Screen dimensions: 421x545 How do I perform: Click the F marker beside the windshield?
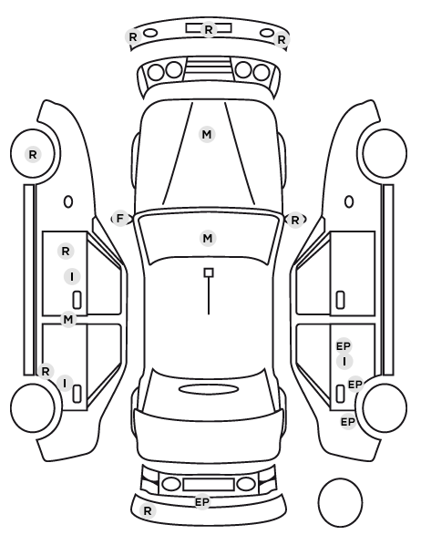tap(120, 219)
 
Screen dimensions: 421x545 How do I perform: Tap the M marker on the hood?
tap(207, 134)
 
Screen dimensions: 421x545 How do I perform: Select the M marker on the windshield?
tap(208, 239)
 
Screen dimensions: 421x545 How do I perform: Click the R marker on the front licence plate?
tap(209, 29)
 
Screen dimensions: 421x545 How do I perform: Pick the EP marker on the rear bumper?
tap(202, 502)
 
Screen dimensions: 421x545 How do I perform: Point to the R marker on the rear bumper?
tap(148, 511)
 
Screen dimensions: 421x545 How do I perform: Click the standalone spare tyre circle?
tap(340, 502)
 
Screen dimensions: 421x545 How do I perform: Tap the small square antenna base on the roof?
tap(209, 272)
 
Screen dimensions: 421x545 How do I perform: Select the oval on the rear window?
tap(209, 389)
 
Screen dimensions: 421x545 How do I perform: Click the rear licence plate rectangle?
tap(209, 485)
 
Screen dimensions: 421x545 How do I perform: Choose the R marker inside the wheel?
tap(33, 154)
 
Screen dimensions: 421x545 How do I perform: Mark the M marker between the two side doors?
tap(68, 319)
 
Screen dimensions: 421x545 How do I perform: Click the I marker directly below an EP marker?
tap(344, 362)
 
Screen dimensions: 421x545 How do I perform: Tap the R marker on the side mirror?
tap(295, 220)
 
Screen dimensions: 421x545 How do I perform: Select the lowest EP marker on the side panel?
tap(348, 422)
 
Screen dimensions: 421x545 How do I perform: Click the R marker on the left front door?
tap(66, 251)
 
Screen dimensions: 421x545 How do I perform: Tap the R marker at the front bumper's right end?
tap(282, 40)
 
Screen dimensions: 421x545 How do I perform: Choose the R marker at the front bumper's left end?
tap(133, 36)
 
